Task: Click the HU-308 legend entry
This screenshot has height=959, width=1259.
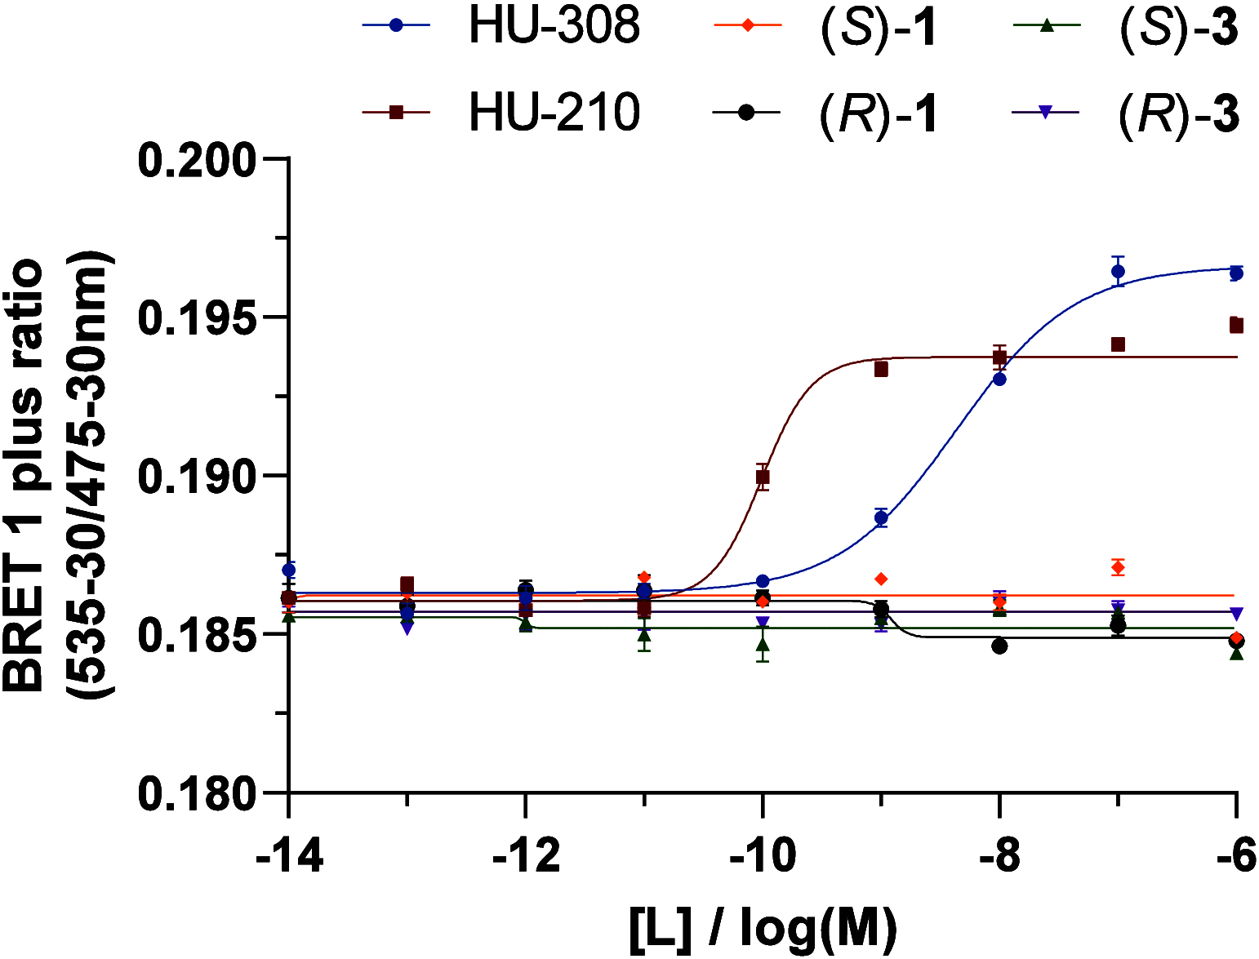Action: click(x=501, y=26)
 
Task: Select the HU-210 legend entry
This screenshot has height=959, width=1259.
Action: click(x=501, y=113)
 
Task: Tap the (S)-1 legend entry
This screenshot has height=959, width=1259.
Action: click(x=825, y=27)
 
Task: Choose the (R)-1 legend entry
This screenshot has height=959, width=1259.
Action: click(x=825, y=113)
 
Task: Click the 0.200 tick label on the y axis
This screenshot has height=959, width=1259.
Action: click(x=197, y=159)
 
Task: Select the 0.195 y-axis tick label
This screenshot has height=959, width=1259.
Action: click(x=197, y=317)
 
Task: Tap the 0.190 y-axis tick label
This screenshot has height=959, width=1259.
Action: click(x=197, y=476)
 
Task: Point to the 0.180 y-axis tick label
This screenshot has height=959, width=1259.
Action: click(x=197, y=793)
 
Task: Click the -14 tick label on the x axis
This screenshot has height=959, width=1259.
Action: click(x=289, y=856)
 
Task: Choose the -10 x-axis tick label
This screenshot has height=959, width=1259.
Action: click(x=763, y=856)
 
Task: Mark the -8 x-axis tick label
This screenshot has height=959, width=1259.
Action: click(x=1000, y=856)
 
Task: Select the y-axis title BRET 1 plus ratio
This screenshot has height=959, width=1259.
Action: click(x=23, y=476)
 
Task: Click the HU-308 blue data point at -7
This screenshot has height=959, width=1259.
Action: click(x=1118, y=271)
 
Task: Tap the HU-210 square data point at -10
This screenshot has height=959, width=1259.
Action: click(x=763, y=477)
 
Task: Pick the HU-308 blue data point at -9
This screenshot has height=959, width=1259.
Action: click(x=881, y=518)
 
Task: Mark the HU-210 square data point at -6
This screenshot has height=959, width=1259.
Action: click(x=1236, y=326)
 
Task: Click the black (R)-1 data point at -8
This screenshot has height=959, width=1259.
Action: click(x=999, y=646)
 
